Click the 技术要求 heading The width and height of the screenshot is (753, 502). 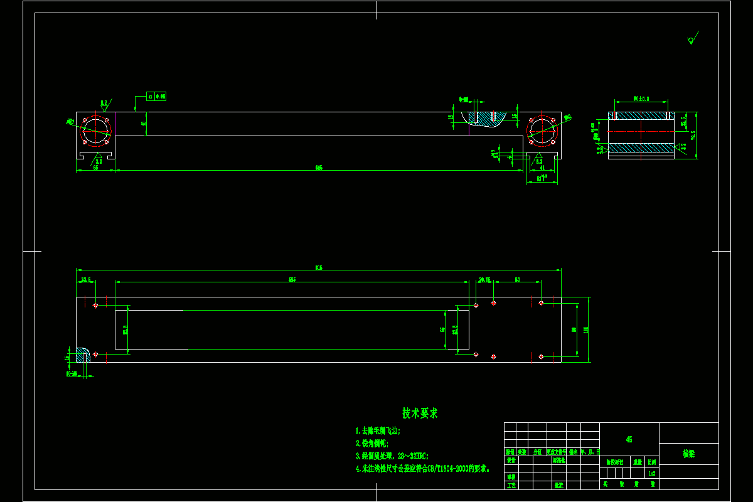point(420,413)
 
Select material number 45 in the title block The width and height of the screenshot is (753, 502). point(629,439)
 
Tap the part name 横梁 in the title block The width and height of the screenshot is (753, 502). point(688,453)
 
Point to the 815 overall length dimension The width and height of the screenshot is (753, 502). point(319,268)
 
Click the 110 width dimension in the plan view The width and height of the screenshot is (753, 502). point(586,329)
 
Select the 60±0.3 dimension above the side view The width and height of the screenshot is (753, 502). point(641,99)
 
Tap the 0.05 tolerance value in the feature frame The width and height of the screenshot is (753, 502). point(160,97)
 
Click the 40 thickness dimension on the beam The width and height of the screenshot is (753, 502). point(144,124)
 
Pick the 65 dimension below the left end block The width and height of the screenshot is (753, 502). point(95,168)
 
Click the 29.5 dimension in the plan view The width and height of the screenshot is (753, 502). point(85,280)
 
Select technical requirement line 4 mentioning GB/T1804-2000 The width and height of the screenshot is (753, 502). point(422,468)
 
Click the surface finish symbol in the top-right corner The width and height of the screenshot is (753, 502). point(692,39)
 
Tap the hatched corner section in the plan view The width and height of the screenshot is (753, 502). point(82,355)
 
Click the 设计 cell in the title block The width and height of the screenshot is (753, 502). point(510,460)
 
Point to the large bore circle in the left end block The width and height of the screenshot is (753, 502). point(96,130)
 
